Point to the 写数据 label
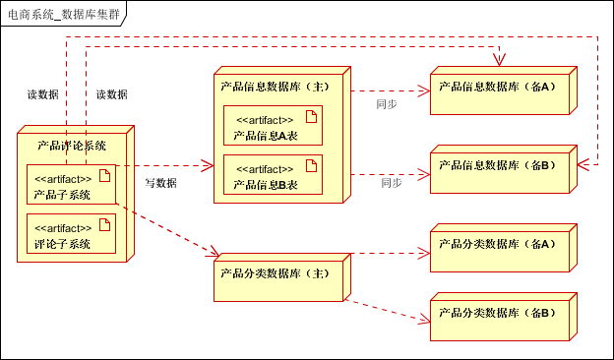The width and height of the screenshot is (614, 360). click(x=160, y=183)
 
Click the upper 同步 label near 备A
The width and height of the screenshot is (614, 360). click(x=387, y=104)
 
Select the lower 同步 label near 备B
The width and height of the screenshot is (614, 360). click(x=392, y=183)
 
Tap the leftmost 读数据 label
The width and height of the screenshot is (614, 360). click(x=42, y=95)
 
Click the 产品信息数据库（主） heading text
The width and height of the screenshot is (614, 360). click(x=275, y=87)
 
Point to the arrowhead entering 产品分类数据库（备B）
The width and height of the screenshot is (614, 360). click(x=426, y=320)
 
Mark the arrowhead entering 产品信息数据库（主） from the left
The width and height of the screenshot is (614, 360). click(x=209, y=165)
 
